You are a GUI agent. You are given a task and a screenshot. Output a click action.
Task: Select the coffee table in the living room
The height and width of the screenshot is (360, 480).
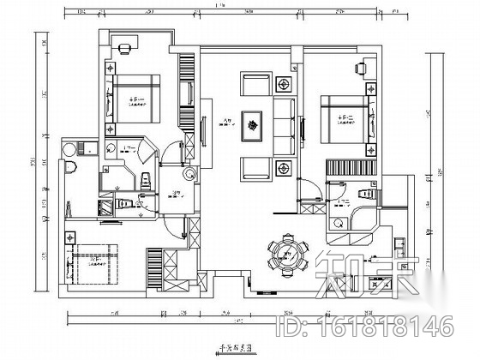(254, 127)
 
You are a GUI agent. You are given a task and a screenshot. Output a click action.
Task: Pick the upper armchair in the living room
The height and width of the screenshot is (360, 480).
(254, 85)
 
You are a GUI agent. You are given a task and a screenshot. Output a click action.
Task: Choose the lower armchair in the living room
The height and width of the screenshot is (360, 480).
(254, 168)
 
